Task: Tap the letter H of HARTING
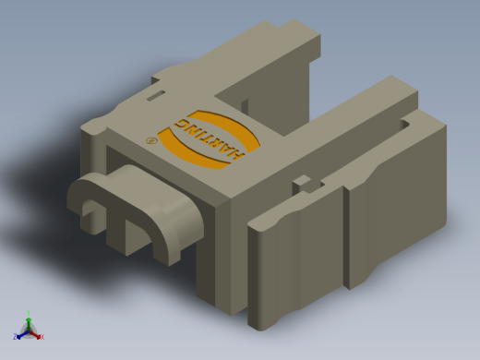(x=237, y=154)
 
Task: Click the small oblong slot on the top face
(x=156, y=95)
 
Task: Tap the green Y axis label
(x=29, y=313)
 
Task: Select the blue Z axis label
(x=15, y=336)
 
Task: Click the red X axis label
(x=42, y=337)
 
